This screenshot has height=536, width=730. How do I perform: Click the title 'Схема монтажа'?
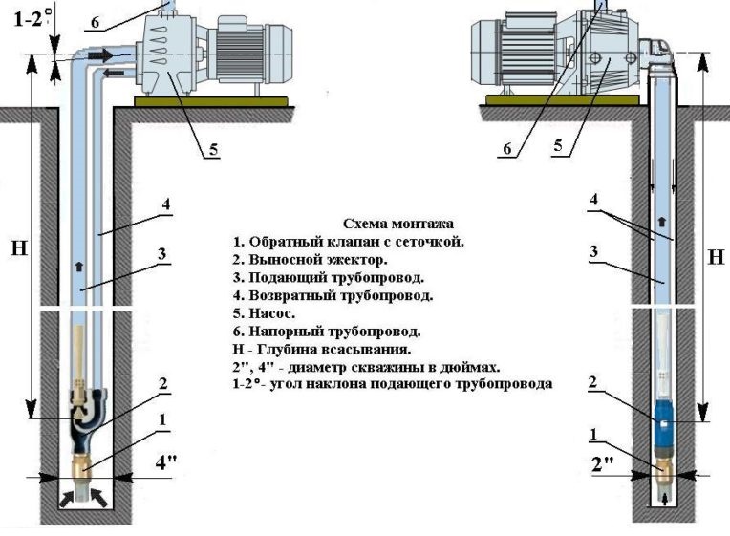398,224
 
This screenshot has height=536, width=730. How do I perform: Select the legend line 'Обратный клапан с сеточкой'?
348,242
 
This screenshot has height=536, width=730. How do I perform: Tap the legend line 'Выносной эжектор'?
311,259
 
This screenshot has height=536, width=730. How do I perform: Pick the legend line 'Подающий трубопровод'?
329,277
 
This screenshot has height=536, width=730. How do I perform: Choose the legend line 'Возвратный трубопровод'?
333,295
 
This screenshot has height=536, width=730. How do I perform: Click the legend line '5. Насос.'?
264,313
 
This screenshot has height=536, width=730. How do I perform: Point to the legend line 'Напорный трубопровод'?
327,332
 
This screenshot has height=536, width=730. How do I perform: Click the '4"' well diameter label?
165,462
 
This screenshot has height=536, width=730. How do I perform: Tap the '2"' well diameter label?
602,464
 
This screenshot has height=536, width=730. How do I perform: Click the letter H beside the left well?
18,248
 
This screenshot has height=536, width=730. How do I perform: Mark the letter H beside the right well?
716,257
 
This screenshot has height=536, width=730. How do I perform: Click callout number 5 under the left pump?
213,149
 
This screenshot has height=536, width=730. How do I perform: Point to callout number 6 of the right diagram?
507,148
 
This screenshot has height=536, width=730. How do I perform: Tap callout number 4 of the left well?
165,204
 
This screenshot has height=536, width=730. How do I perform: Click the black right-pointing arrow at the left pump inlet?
100,55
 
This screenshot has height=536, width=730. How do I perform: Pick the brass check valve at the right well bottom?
662,473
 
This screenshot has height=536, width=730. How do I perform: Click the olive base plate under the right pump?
563,100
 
